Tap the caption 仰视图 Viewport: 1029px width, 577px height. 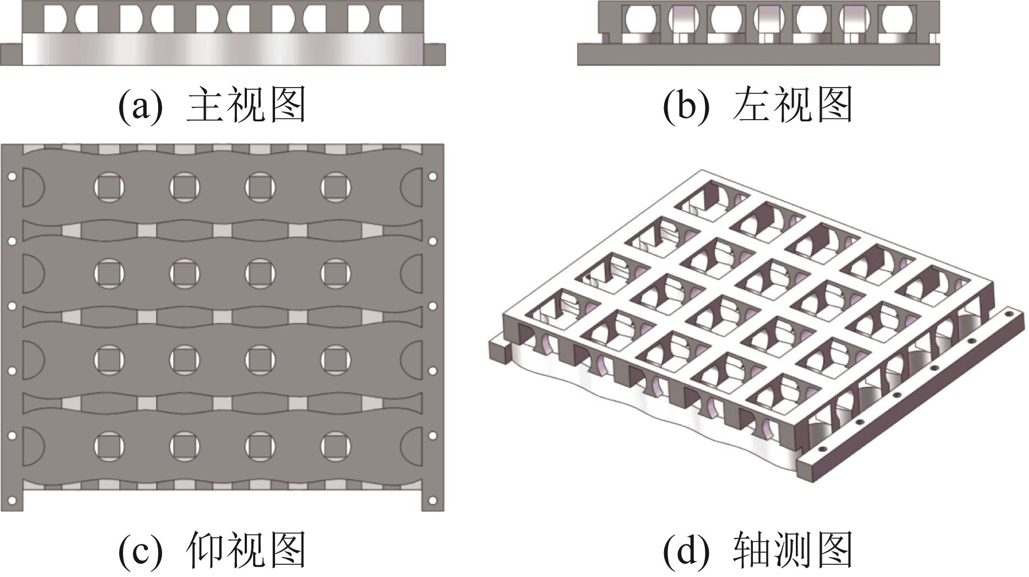click(x=246, y=549)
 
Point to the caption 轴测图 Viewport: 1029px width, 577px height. click(x=792, y=549)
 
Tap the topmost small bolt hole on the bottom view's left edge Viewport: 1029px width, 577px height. click(x=12, y=177)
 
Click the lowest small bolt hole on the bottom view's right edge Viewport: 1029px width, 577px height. click(x=432, y=501)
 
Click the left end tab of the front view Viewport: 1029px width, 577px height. click(x=10, y=55)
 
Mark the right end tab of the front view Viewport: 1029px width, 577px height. click(x=435, y=55)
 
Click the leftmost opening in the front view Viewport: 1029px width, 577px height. click(x=55, y=18)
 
